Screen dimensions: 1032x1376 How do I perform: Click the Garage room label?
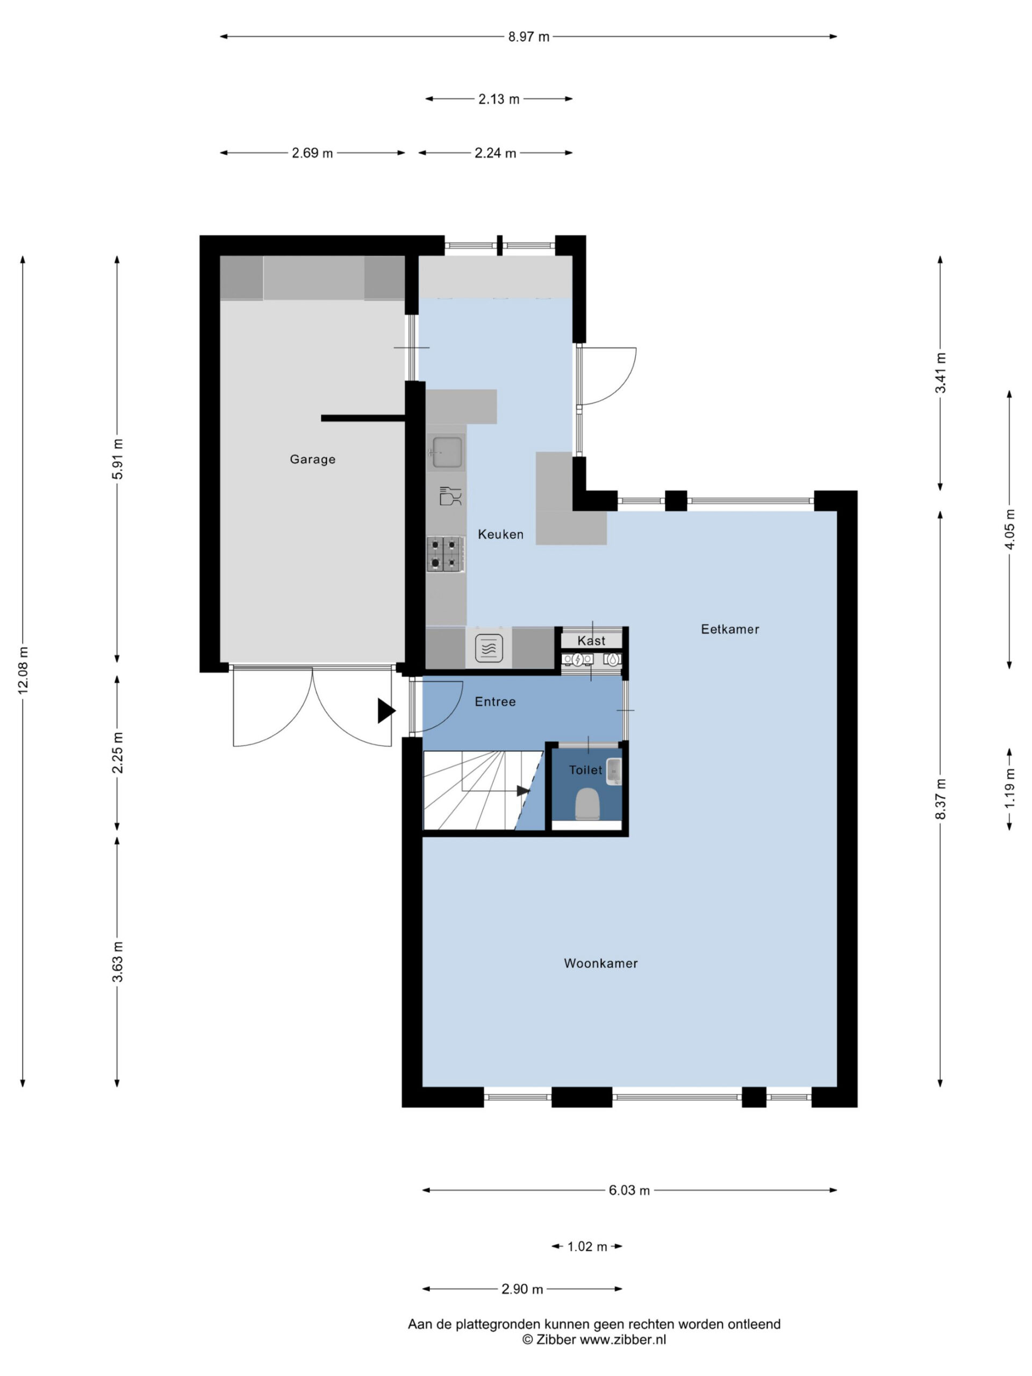click(x=312, y=459)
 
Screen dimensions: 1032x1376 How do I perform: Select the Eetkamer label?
click(x=730, y=629)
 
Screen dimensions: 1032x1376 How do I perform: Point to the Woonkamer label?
click(x=600, y=963)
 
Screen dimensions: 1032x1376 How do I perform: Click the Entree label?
click(x=494, y=701)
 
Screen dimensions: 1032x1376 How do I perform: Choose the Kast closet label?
click(x=591, y=641)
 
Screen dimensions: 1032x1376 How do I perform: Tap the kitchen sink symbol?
click(x=447, y=451)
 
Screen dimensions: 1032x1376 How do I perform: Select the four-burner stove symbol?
click(x=446, y=554)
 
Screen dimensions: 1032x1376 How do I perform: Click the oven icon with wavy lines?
click(x=488, y=648)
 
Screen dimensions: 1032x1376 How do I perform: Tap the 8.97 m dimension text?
click(x=529, y=37)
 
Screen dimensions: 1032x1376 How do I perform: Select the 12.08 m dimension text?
click(x=23, y=670)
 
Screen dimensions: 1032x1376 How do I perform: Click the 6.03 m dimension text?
click(x=629, y=1190)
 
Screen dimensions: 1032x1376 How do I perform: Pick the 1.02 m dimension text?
click(x=586, y=1246)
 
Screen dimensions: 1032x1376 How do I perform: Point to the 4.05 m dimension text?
click(x=1009, y=529)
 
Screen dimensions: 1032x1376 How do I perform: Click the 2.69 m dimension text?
click(x=312, y=153)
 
